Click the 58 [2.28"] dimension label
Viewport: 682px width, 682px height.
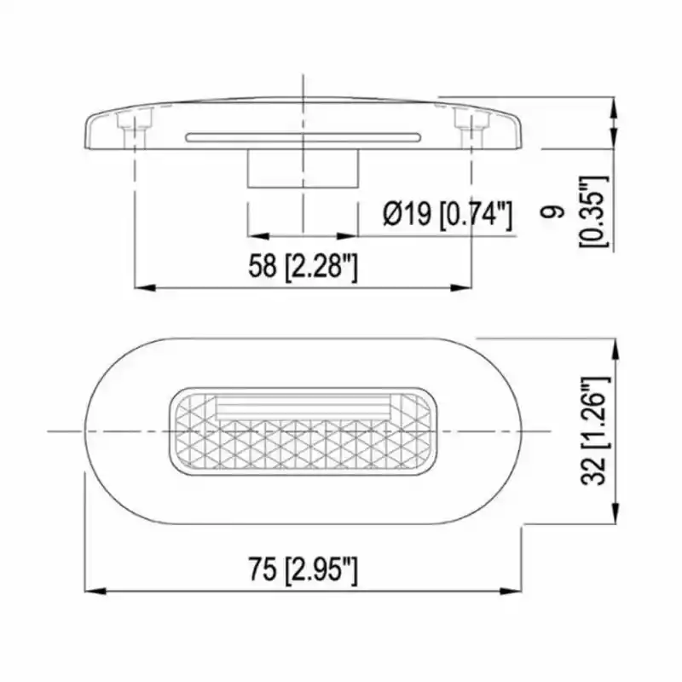(303, 267)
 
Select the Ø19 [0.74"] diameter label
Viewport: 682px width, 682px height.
(448, 214)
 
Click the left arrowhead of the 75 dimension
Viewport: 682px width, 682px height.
(94, 590)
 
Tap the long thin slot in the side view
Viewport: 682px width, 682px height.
(302, 136)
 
